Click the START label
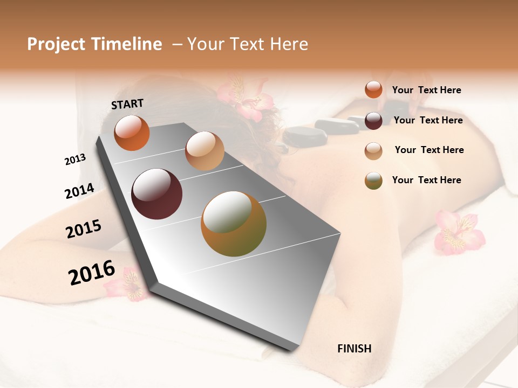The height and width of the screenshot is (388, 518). click(127, 104)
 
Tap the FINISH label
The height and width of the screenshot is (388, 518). click(355, 349)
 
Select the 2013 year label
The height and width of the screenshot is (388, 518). click(75, 160)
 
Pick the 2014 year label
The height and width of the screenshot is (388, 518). click(79, 191)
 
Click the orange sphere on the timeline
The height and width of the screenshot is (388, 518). click(132, 133)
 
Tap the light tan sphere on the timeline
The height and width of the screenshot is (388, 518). click(205, 151)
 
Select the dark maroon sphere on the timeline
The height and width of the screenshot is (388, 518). click(156, 194)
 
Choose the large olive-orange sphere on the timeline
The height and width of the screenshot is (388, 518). click(234, 224)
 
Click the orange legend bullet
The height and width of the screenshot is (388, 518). click(373, 89)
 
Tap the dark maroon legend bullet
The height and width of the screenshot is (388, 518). click(373, 121)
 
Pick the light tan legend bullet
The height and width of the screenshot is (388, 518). click(373, 150)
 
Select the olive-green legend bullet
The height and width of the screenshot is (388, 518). click(373, 181)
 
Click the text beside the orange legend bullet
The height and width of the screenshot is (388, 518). click(426, 90)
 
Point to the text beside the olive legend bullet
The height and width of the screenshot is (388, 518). click(426, 180)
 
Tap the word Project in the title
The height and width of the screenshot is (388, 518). click(56, 44)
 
